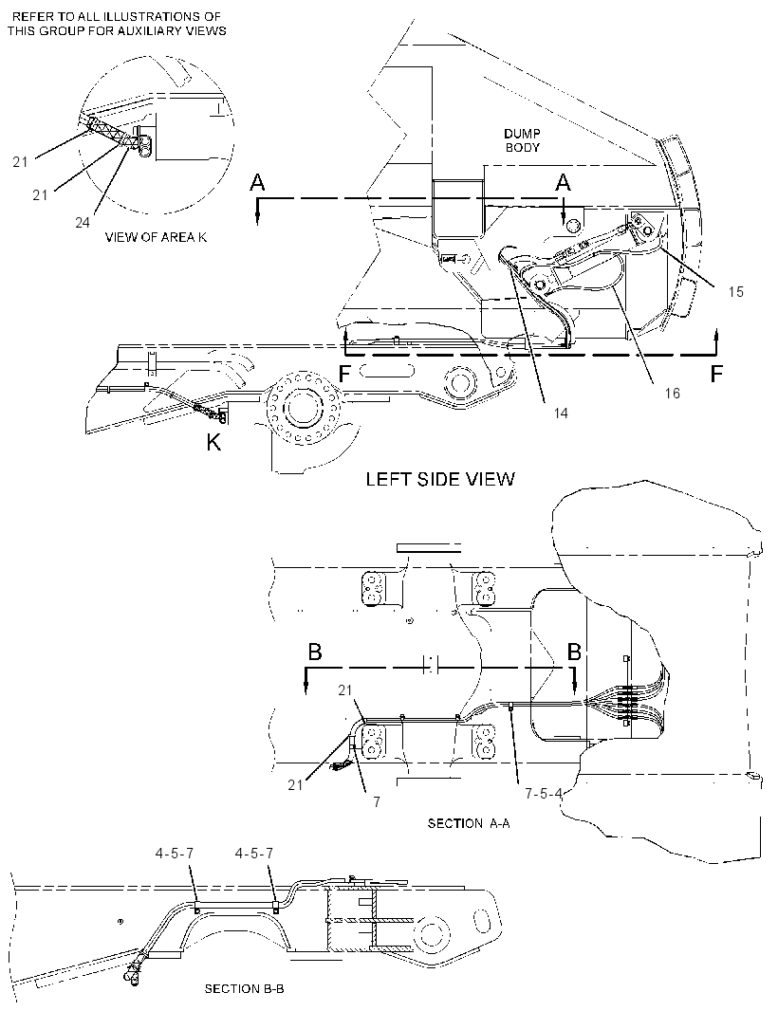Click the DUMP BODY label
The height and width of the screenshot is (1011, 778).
pos(523,140)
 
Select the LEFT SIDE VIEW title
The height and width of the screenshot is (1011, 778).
pos(440,479)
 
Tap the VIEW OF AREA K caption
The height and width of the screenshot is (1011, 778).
pos(157,237)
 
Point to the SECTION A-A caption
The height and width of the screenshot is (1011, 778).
pos(469,823)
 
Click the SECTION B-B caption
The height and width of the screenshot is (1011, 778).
pos(245,988)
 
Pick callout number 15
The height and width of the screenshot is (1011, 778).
pos(736,291)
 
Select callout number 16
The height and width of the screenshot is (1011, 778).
pos(672,393)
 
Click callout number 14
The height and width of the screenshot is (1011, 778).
pos(561,413)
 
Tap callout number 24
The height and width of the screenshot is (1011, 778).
pos(82,223)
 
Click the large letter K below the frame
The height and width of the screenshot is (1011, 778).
pos(213,443)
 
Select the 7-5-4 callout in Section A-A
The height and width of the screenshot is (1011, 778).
pos(544,794)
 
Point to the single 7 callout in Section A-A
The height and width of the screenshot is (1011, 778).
pos(377,802)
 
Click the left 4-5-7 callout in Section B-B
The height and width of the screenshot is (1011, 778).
pos(175,853)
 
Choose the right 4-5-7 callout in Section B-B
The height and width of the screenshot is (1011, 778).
pos(254,853)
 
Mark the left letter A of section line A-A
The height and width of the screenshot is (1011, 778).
pos(257,184)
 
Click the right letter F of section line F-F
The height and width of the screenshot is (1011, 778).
pos(716,374)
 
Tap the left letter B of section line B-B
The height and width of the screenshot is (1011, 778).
pos(315,652)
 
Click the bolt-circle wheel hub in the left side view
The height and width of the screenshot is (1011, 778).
pos(304,408)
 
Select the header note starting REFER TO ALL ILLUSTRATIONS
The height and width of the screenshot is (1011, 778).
pos(117,24)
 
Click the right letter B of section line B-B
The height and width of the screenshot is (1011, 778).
pos(574,652)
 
